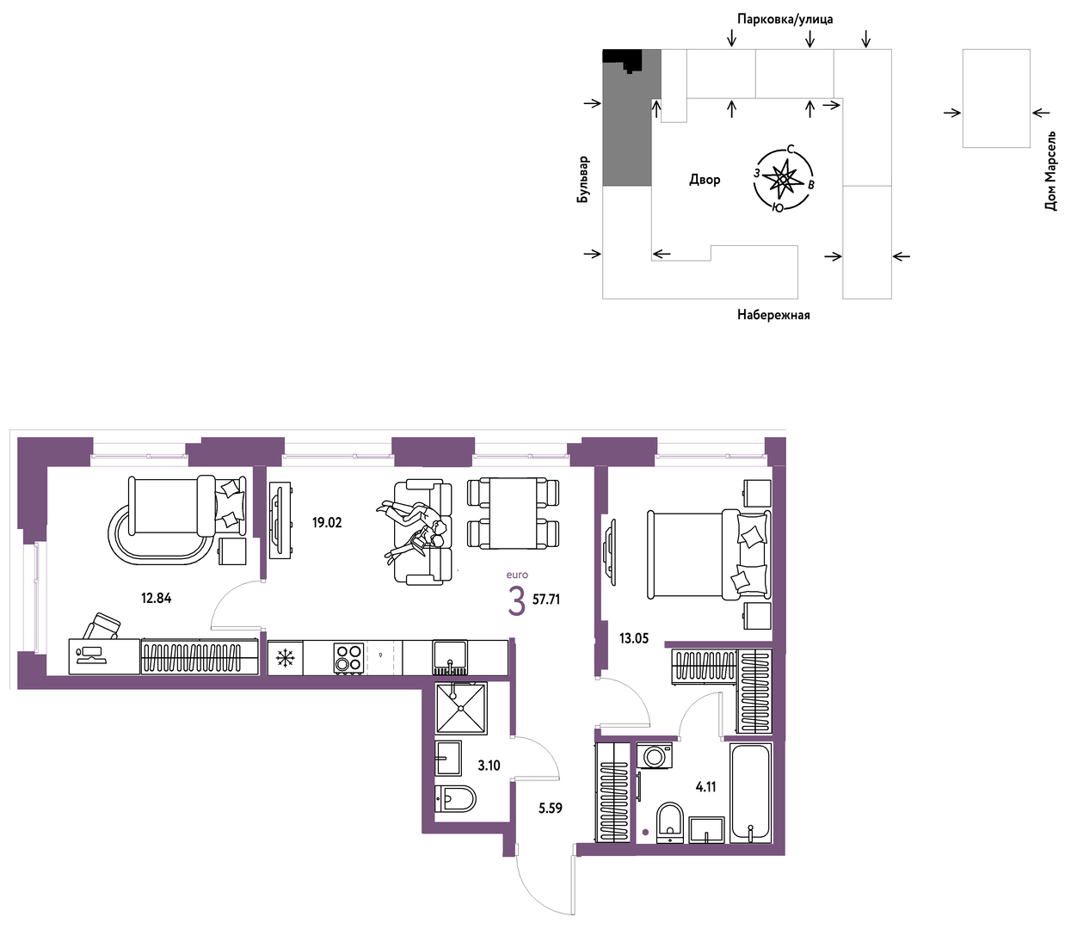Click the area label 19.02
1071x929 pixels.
point(327,522)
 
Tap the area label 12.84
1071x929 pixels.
point(156,598)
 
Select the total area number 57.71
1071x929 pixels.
point(546,600)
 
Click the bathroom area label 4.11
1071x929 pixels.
point(705,787)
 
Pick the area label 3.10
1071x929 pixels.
point(489,766)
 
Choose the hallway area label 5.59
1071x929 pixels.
point(551,808)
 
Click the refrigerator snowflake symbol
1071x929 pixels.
point(286,658)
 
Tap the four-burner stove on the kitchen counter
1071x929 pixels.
point(348,658)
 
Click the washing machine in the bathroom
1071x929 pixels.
point(655,756)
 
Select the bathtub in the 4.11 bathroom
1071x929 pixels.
point(751,793)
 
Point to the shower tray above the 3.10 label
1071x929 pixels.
point(461,708)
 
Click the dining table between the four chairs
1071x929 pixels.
point(513,513)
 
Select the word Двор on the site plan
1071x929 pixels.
point(705,180)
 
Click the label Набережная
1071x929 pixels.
point(773,315)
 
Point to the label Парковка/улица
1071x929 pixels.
point(785,20)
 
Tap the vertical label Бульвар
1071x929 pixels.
point(582,179)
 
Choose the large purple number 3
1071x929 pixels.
point(516,602)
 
